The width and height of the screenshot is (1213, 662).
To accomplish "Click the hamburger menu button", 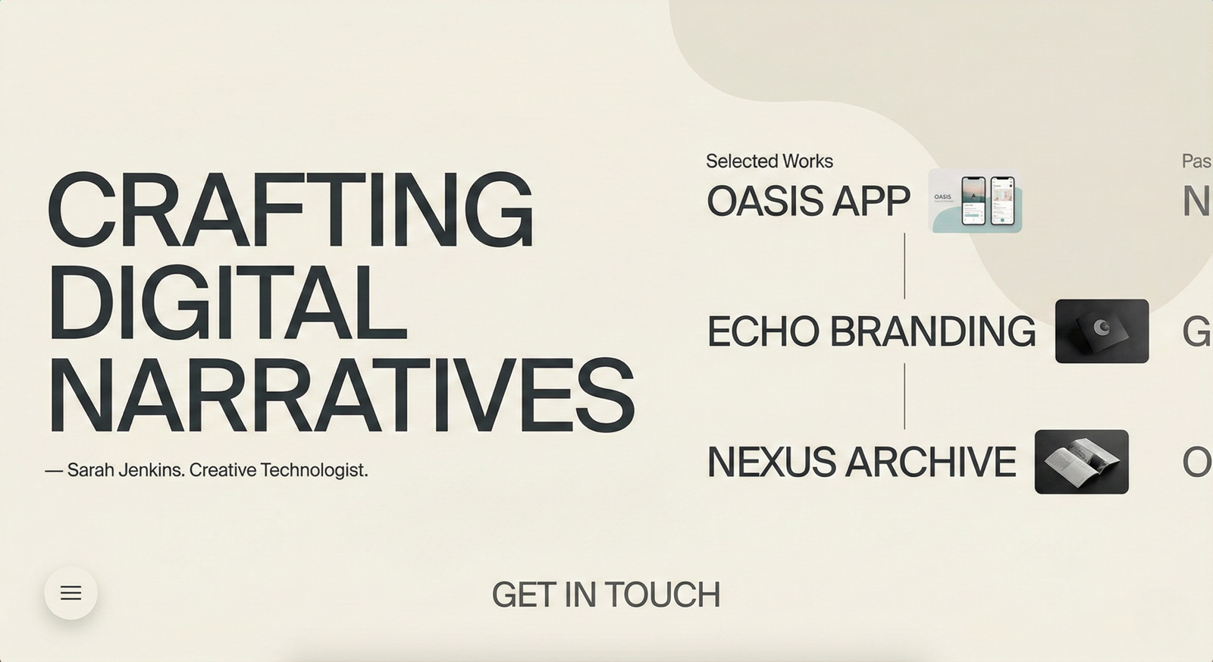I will pyautogui.click(x=71, y=593).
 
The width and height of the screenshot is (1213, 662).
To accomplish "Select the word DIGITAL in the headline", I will pyautogui.click(x=227, y=303).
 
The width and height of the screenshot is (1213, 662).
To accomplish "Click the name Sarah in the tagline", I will pyautogui.click(x=91, y=470).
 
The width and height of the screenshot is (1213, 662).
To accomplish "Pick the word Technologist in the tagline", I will pyautogui.click(x=314, y=470).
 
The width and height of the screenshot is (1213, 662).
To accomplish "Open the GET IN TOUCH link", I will pyautogui.click(x=606, y=595).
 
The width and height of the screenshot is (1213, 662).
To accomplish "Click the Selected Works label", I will pyautogui.click(x=769, y=161).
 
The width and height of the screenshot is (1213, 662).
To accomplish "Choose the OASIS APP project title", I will pyautogui.click(x=807, y=202).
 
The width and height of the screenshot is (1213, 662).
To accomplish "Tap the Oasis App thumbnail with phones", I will pyautogui.click(x=975, y=201).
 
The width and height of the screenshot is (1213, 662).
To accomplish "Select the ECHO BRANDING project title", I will pyautogui.click(x=871, y=332).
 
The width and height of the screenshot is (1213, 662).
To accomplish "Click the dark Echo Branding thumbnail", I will pyautogui.click(x=1102, y=331).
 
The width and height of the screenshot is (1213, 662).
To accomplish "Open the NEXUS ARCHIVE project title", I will pyautogui.click(x=861, y=463).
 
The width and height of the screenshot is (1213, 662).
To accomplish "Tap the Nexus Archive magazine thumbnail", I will pyautogui.click(x=1081, y=462).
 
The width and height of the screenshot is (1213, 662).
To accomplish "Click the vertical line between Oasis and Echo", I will pyautogui.click(x=904, y=266).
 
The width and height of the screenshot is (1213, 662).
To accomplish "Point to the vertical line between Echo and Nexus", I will pyautogui.click(x=904, y=397).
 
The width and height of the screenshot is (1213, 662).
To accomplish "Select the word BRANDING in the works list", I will pyautogui.click(x=932, y=332).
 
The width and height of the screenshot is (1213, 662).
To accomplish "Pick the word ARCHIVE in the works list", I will pyautogui.click(x=931, y=463).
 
